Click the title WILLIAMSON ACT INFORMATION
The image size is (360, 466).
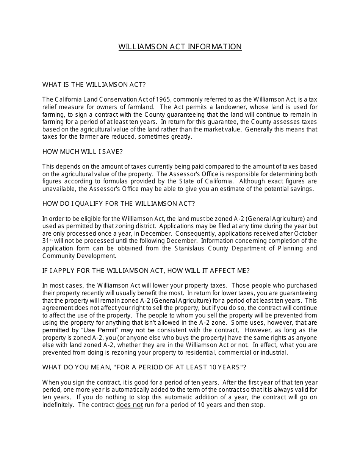pos(180,47)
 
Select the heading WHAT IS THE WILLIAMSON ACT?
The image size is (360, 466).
pos(94,84)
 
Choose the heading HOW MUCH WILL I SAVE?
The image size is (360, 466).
pos(83,152)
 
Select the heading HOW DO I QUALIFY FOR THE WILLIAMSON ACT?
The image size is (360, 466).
pos(119,203)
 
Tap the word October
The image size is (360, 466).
pos(305,233)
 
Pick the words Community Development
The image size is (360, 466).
pos(78,256)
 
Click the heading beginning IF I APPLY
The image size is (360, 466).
pos(146,271)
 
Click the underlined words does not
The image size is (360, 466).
pos(129,405)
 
